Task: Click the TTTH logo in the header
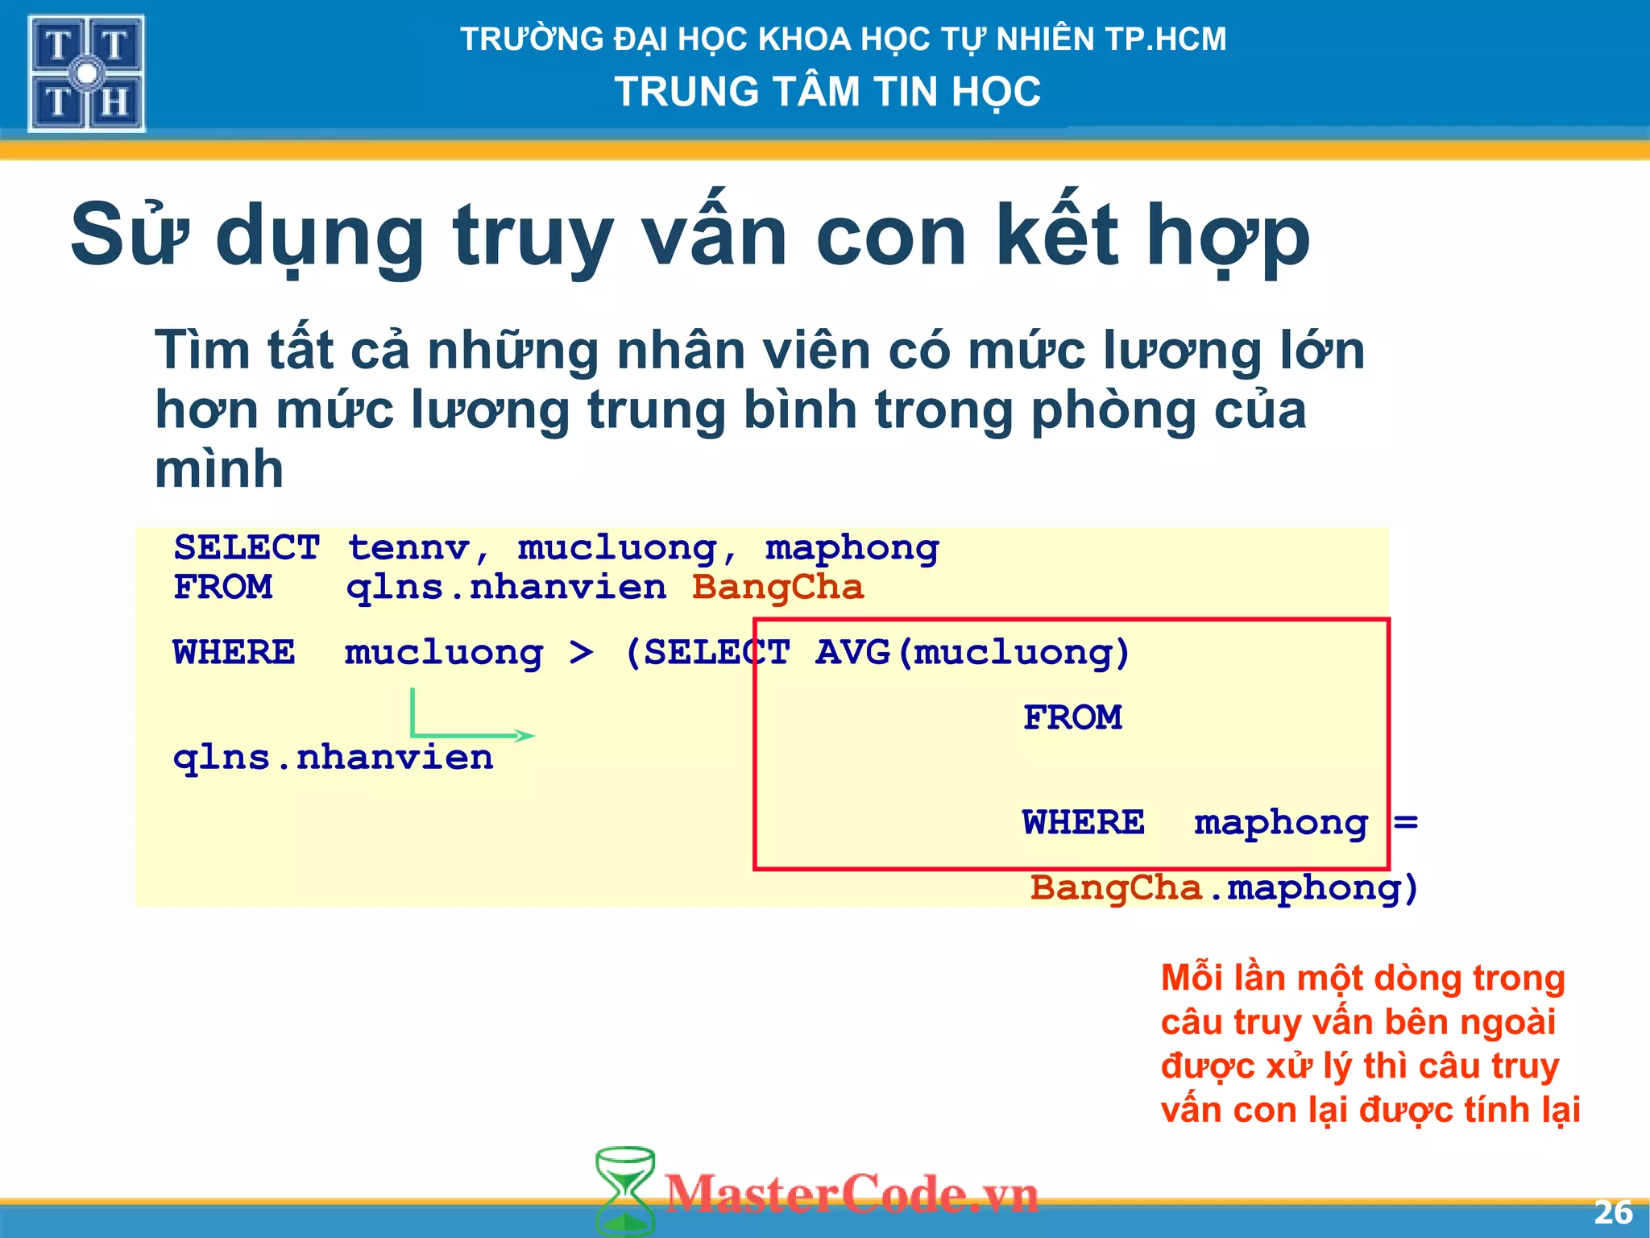pyautogui.click(x=86, y=73)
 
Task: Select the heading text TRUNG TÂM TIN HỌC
pyautogui.click(x=827, y=91)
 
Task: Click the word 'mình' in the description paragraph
pyautogui.click(x=219, y=469)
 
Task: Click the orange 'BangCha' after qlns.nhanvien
pyautogui.click(x=777, y=587)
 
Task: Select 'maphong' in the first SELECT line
pyautogui.click(x=852, y=548)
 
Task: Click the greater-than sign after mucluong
pyautogui.click(x=581, y=652)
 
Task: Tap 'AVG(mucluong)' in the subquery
pyautogui.click(x=972, y=652)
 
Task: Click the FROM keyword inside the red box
pyautogui.click(x=1072, y=717)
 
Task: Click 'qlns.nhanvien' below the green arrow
pyautogui.click(x=333, y=758)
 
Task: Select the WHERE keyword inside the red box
pyautogui.click(x=1084, y=823)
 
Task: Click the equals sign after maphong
pyautogui.click(x=1406, y=823)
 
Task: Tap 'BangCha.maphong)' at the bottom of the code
pyautogui.click(x=1223, y=888)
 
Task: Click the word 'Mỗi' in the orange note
pyautogui.click(x=1194, y=978)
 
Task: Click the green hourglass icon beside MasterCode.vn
pyautogui.click(x=624, y=1190)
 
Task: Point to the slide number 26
pyautogui.click(x=1613, y=1213)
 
